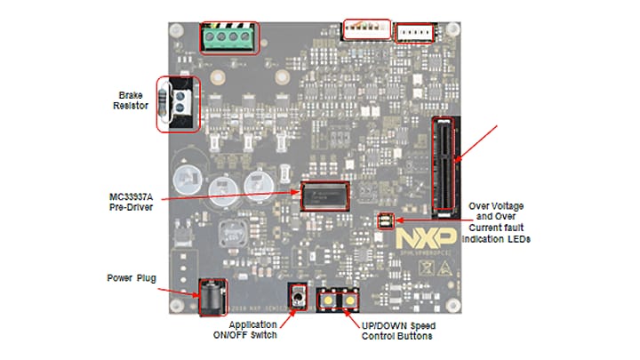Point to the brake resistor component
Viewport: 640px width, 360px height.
pyautogui.click(x=178, y=103)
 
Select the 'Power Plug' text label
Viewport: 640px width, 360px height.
pyautogui.click(x=131, y=278)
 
